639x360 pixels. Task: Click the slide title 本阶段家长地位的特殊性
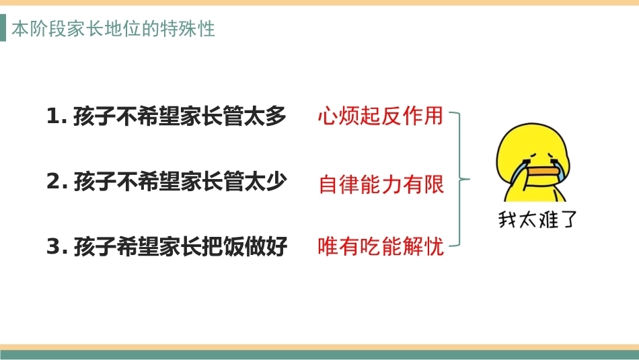coord(113,29)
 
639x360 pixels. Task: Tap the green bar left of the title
coord(3,28)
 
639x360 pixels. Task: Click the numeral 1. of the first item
coord(57,116)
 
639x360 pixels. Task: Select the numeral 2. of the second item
coord(57,181)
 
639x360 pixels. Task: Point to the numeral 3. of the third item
coord(57,247)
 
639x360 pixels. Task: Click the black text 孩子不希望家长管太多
coord(180,116)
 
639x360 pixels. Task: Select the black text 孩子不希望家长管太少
coord(180,181)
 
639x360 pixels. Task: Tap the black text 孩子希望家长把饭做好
coord(180,246)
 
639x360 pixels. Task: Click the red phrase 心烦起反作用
coord(380,116)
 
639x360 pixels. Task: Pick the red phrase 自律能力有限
coord(381,184)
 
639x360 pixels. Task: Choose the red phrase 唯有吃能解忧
coord(381,247)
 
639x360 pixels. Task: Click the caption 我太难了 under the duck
coord(537,219)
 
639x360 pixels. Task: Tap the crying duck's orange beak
coord(542,170)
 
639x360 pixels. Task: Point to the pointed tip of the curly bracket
coord(469,178)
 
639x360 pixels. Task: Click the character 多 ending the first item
coord(276,116)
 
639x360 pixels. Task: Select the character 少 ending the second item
coord(276,181)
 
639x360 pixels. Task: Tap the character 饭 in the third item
coord(234,247)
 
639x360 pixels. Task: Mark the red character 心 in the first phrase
coord(328,116)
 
